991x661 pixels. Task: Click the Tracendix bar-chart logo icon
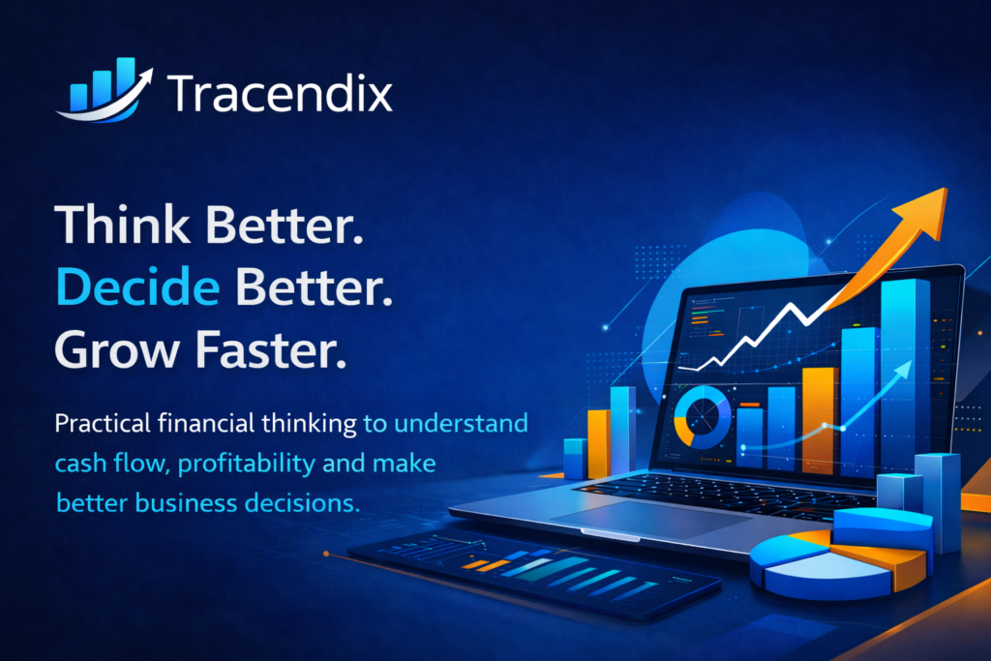[105, 90]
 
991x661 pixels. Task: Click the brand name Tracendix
[280, 94]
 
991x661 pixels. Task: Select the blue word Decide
[137, 286]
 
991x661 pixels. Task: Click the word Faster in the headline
[271, 349]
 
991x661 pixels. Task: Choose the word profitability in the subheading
[246, 464]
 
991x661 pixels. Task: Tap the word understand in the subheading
[461, 423]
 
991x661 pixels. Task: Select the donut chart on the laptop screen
[702, 417]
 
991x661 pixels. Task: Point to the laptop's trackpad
[651, 518]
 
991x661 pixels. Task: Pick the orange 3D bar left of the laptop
[598, 443]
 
